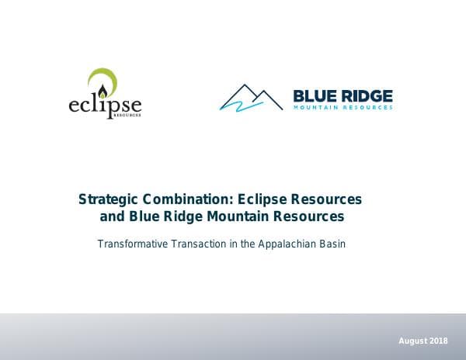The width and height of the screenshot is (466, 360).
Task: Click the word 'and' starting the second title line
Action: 112,217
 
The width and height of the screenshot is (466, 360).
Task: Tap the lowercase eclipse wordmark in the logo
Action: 105,102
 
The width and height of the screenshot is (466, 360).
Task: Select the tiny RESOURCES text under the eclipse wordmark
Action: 128,115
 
